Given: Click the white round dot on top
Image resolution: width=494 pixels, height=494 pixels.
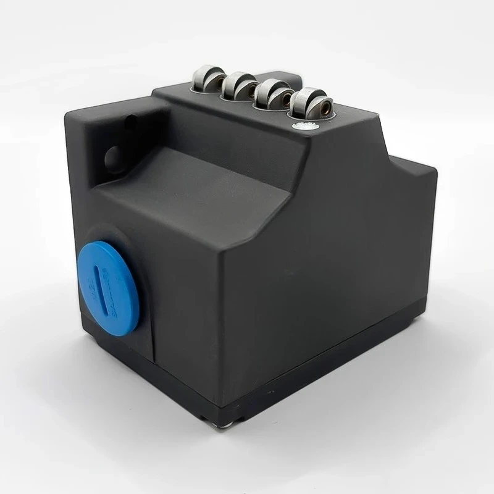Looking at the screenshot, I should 304,126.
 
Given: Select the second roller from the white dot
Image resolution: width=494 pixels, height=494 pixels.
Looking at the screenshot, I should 275,94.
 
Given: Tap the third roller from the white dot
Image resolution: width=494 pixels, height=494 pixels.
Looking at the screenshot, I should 240,86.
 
